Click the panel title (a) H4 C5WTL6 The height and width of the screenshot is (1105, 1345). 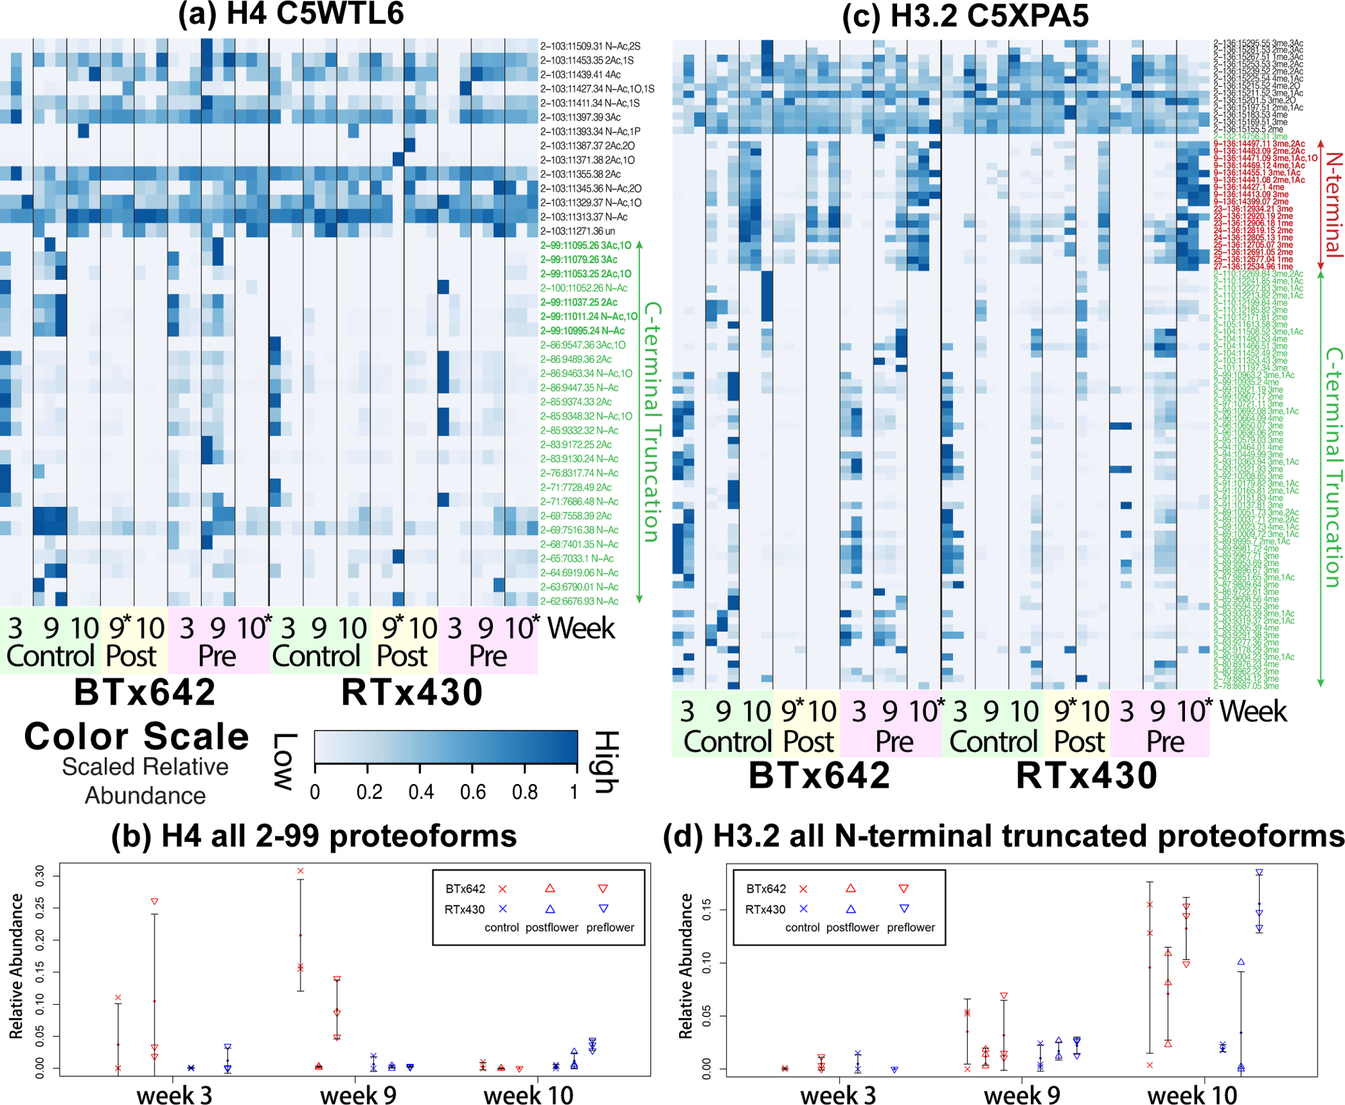coord(291,13)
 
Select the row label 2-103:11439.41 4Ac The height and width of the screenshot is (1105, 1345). coord(580,75)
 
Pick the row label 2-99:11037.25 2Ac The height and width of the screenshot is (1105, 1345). coord(579,302)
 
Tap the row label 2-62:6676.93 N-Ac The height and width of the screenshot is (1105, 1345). coord(579,601)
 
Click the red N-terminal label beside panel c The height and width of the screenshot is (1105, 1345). coord(1333,205)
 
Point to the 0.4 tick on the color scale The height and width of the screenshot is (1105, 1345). coord(420,792)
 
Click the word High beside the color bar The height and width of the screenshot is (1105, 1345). coord(607,762)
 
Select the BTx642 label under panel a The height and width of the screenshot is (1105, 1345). coord(145,692)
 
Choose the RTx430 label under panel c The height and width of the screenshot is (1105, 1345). coord(1086,775)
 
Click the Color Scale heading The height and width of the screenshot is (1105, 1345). coord(137,736)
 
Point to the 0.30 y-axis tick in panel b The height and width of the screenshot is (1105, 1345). coord(40,876)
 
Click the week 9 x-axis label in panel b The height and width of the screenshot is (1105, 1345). coord(358,1094)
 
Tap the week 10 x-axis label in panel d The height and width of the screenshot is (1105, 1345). coord(1192,1094)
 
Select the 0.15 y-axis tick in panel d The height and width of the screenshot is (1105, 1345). coord(706,911)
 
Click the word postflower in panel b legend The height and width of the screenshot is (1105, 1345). coord(551,927)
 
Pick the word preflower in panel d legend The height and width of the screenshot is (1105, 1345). coord(911,927)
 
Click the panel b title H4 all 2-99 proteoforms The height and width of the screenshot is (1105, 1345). coord(314,836)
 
